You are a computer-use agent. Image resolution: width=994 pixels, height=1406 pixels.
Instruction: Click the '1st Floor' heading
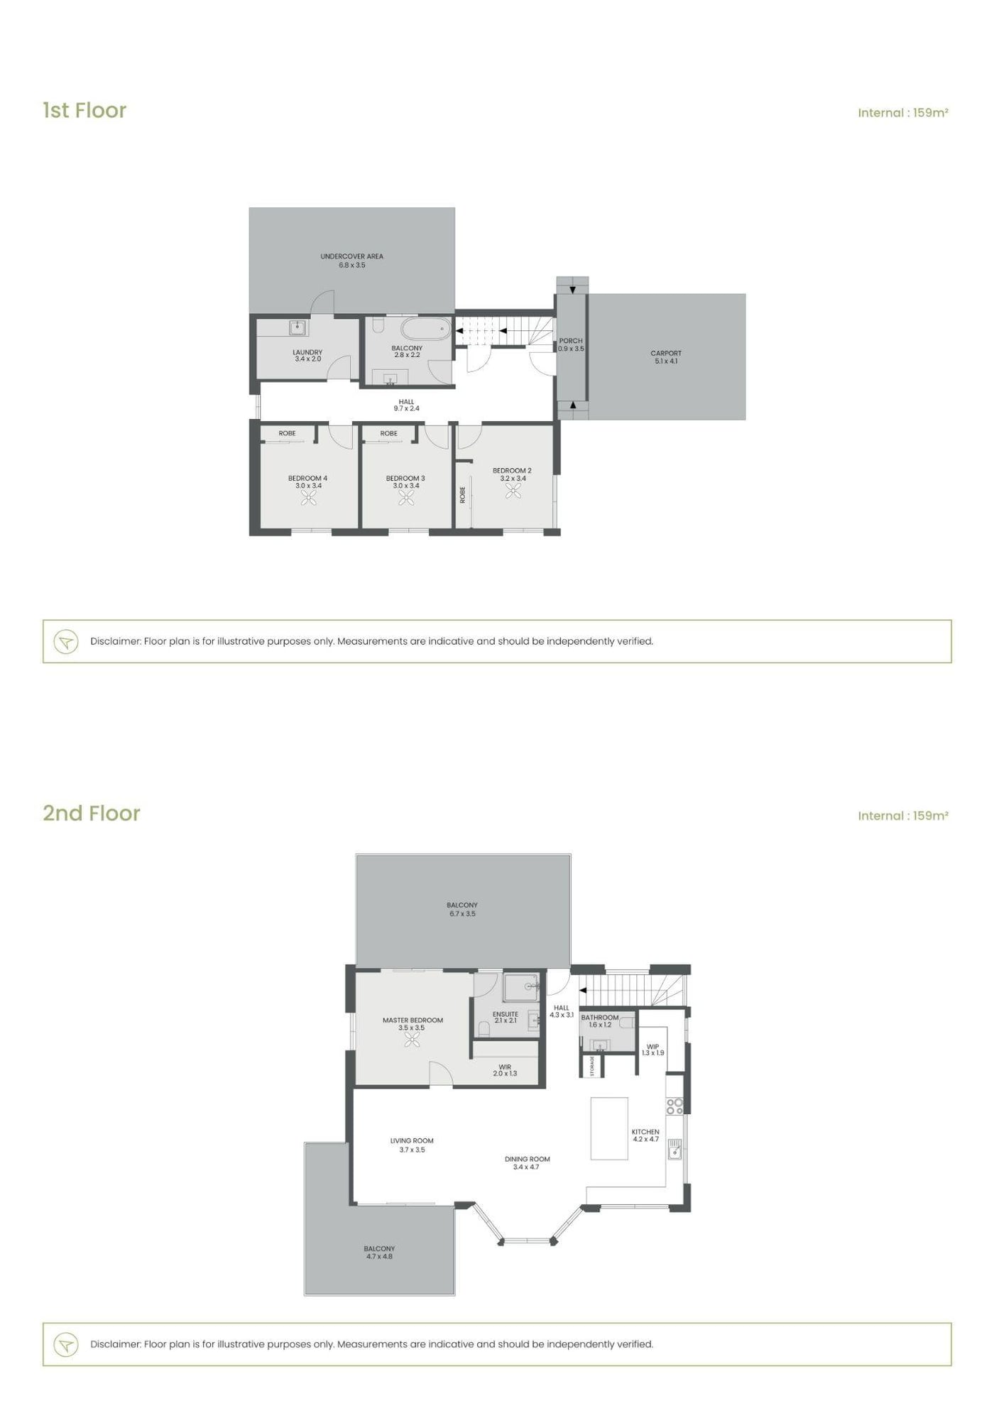tap(84, 111)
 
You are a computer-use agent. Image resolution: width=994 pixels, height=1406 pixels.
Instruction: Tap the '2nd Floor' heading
tap(92, 813)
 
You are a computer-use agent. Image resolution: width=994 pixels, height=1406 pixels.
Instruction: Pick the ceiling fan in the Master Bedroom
tap(412, 1040)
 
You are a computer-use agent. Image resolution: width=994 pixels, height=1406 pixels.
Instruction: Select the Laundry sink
tap(297, 328)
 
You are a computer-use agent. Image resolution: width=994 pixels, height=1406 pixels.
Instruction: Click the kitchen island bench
tap(609, 1128)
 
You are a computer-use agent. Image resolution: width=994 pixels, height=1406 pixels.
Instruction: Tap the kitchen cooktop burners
tap(674, 1106)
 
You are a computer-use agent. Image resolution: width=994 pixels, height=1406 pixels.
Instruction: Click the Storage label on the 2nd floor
tap(592, 1066)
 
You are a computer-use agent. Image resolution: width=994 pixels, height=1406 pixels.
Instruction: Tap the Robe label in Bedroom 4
tap(287, 433)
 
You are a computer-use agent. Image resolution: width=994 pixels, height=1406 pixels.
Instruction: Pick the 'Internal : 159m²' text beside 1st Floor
tap(903, 112)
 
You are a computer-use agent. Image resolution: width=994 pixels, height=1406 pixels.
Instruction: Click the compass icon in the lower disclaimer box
tap(66, 1344)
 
